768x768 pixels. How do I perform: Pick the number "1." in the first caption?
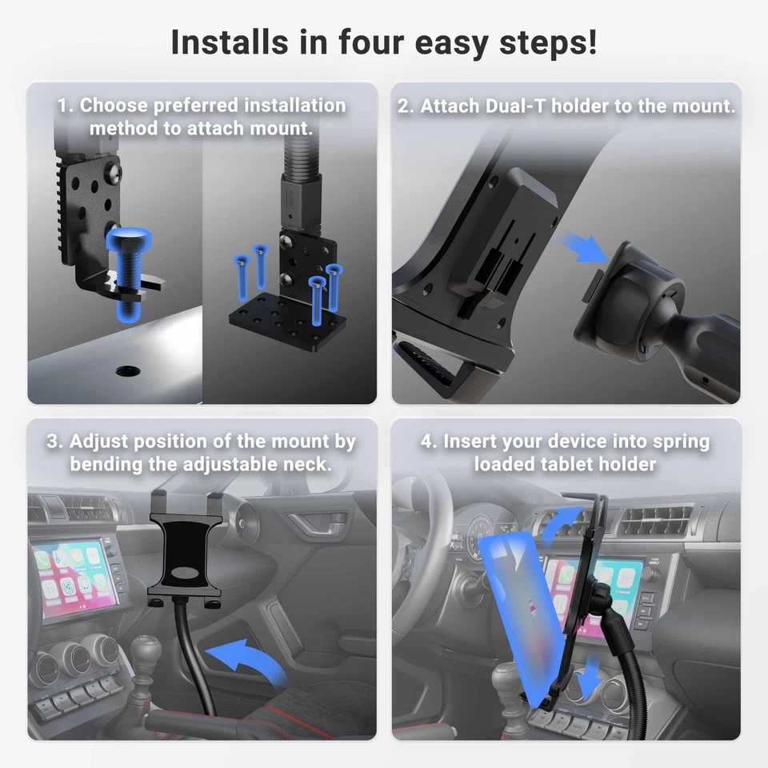[66, 106]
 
